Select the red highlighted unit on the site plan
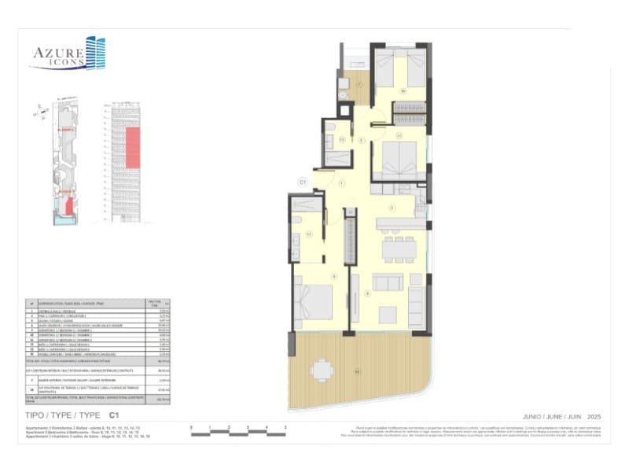coord(68,206)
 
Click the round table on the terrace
coord(321,369)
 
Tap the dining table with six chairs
coord(399,249)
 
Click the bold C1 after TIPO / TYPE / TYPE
coord(114,414)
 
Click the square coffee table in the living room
coord(388,315)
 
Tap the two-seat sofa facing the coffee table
coord(388,282)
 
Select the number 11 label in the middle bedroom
coord(399,135)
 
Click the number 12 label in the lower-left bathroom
coord(309,234)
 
